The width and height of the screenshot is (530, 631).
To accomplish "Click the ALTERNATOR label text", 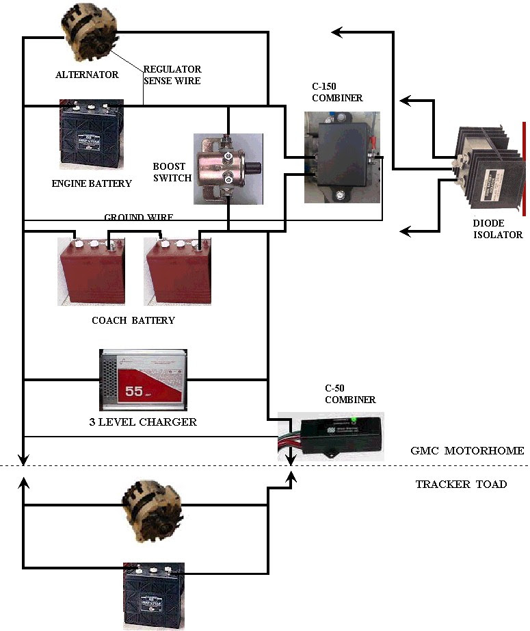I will pyautogui.click(x=87, y=75).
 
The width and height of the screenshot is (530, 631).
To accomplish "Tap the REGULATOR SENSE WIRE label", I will pyautogui.click(x=172, y=75).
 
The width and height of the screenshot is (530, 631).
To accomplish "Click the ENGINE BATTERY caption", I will pyautogui.click(x=91, y=183).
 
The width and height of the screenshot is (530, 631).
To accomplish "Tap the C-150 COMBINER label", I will pyautogui.click(x=337, y=93).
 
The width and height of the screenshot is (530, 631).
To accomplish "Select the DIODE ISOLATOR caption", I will pyautogui.click(x=497, y=229).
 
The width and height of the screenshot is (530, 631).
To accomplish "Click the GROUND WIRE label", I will pyautogui.click(x=138, y=218).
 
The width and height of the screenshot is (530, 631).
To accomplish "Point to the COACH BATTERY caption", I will pyautogui.click(x=133, y=320).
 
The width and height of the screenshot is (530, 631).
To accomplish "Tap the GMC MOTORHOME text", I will pyautogui.click(x=468, y=450).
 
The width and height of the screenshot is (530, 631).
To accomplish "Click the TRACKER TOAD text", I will pyautogui.click(x=461, y=485).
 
